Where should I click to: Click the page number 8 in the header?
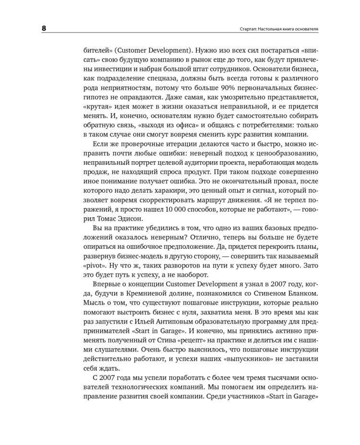tap(44, 28)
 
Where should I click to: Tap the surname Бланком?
tap(296, 292)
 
